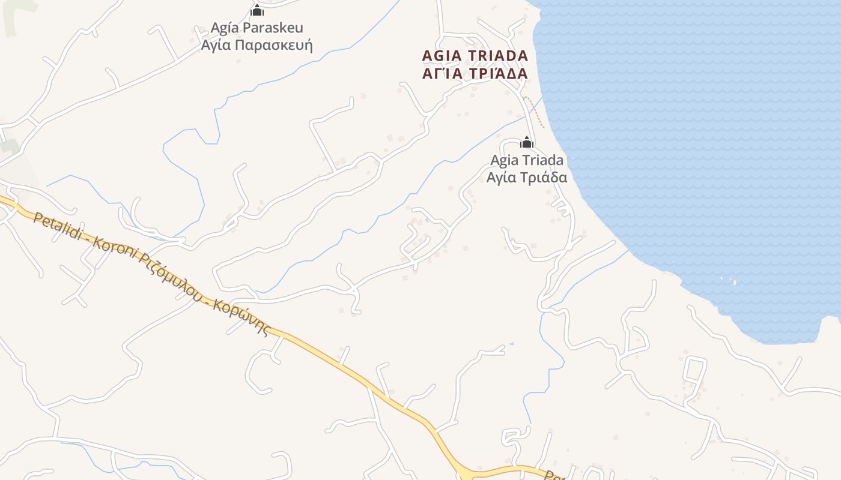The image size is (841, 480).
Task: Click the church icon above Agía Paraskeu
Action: [x=257, y=10]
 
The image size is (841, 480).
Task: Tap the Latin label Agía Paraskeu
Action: [x=257, y=28]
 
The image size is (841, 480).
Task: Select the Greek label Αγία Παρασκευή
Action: [x=257, y=46]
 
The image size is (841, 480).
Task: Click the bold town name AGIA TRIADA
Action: [x=475, y=56]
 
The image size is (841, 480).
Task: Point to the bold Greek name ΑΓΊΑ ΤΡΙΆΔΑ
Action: [x=475, y=74]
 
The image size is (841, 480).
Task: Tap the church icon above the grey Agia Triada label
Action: [x=527, y=142]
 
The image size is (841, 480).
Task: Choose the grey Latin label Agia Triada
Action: [x=527, y=160]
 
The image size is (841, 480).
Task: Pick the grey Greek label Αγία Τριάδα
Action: [x=527, y=178]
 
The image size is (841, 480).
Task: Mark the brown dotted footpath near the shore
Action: [x=535, y=110]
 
